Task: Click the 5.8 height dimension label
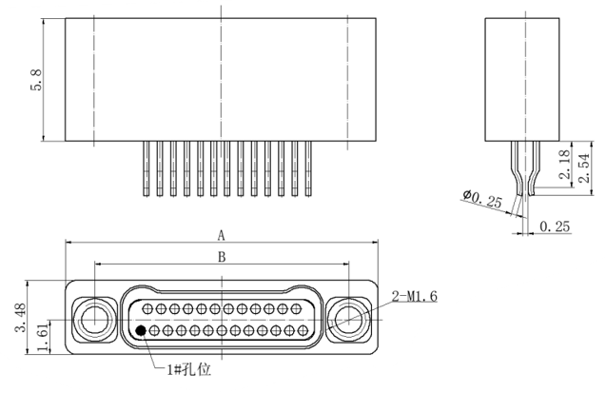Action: [36, 80]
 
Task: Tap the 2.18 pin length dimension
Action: [565, 165]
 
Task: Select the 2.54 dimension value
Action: [584, 167]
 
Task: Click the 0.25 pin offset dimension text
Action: [555, 226]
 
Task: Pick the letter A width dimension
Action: [221, 235]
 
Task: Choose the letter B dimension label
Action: [222, 257]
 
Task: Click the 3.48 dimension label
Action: [21, 318]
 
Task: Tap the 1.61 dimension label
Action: [43, 338]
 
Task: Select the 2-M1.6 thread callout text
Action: [415, 296]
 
